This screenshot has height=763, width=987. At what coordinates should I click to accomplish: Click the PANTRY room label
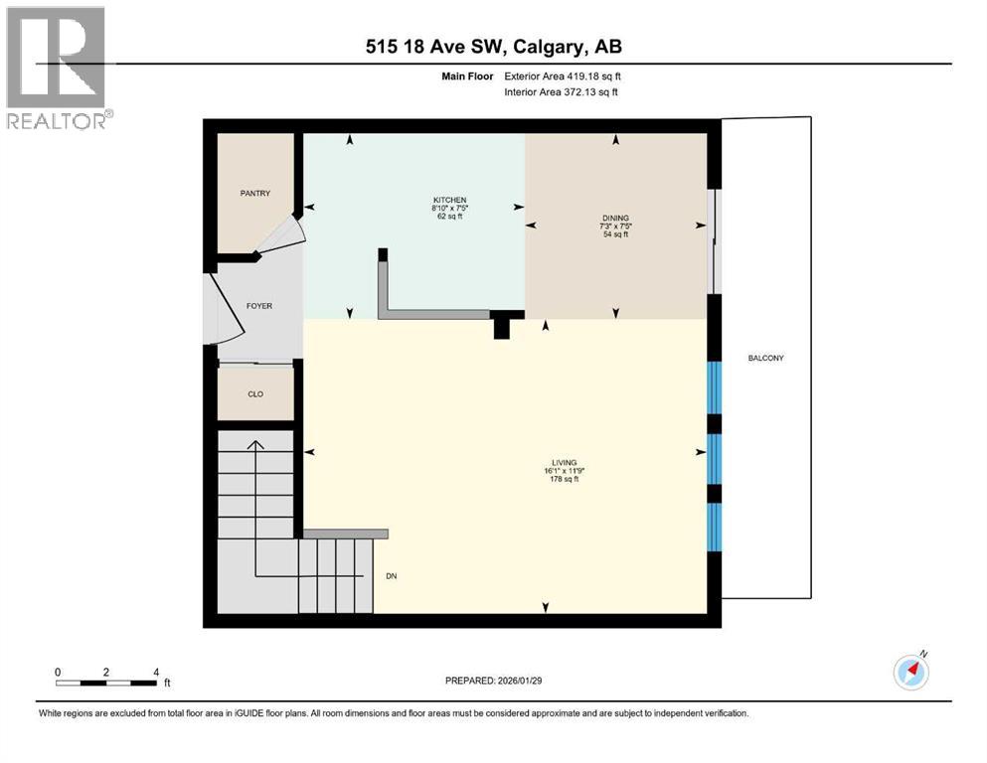click(x=254, y=194)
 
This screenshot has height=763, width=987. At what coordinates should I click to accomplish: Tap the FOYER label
click(x=258, y=306)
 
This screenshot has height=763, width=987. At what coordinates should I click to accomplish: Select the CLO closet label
click(x=254, y=394)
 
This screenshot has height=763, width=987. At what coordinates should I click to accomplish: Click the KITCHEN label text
click(x=449, y=200)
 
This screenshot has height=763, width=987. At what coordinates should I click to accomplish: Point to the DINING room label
click(x=615, y=218)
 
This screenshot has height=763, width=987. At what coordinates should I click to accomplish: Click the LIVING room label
click(x=564, y=462)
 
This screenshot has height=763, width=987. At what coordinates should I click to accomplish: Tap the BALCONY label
click(x=765, y=358)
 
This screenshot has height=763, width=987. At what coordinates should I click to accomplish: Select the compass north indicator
click(x=910, y=672)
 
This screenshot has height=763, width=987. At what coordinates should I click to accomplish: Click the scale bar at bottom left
click(x=106, y=683)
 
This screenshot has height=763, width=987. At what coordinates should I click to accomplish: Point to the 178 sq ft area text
click(x=564, y=480)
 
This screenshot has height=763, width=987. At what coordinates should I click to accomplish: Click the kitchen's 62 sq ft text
click(x=449, y=217)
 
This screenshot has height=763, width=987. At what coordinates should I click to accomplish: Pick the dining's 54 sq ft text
click(x=615, y=234)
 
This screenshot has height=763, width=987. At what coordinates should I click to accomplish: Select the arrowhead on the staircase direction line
click(x=255, y=445)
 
